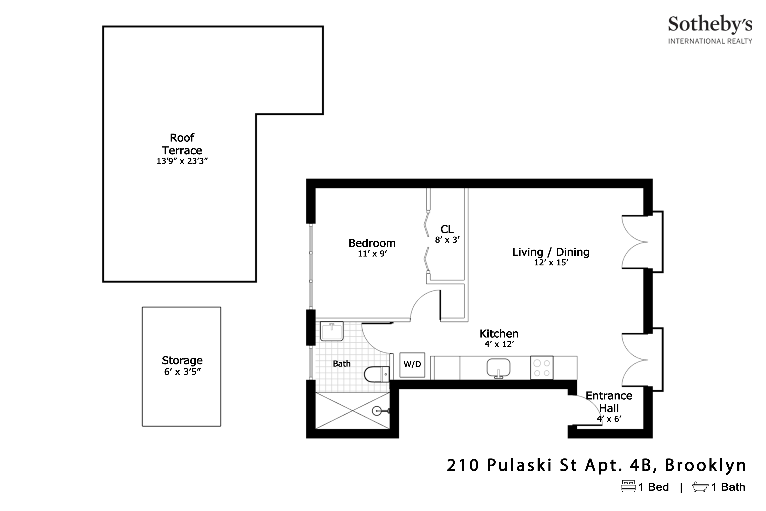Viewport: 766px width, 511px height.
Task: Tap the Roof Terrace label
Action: click(182, 144)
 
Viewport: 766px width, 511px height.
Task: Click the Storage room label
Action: click(182, 361)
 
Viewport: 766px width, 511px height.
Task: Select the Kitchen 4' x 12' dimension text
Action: click(499, 344)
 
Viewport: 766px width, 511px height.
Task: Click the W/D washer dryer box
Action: click(412, 365)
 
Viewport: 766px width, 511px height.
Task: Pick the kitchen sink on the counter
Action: click(498, 368)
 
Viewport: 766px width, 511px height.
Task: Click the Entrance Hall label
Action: click(609, 402)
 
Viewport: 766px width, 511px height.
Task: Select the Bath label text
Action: click(342, 364)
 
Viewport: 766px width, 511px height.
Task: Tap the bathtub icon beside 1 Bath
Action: click(700, 487)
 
